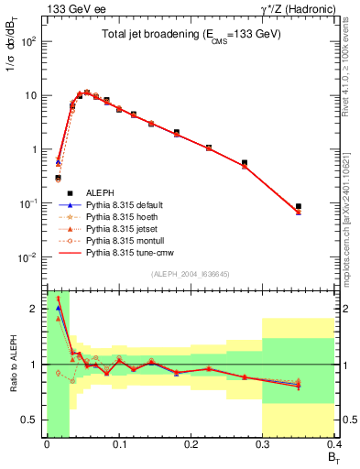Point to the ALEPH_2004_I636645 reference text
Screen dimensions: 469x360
191,274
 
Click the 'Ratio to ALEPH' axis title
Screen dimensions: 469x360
13,364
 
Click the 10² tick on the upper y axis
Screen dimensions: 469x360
28,41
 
